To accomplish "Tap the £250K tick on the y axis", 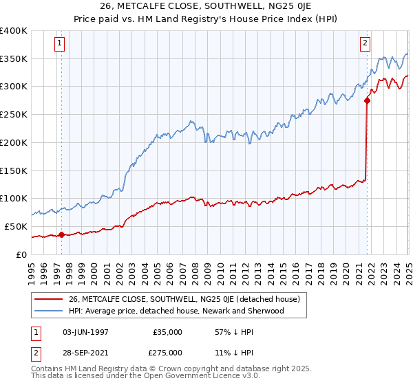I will click(14, 114).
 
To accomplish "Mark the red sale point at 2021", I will click(367, 100).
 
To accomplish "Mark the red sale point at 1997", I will click(61, 234).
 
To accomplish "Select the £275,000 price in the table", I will click(168, 352).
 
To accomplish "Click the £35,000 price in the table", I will click(168, 332).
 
